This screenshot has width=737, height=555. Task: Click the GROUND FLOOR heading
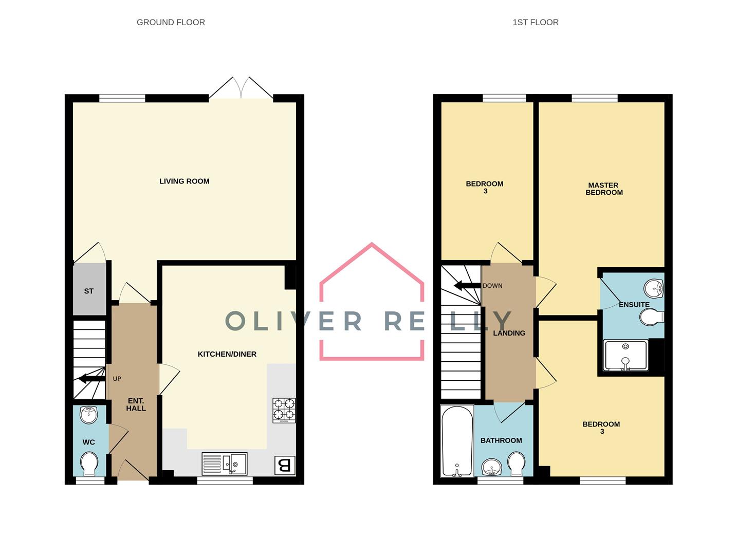(171, 23)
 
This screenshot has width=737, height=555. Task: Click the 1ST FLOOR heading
(535, 23)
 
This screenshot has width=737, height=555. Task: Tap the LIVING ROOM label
(184, 181)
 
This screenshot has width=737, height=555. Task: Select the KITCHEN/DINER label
(227, 354)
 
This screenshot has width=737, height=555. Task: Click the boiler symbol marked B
(284, 466)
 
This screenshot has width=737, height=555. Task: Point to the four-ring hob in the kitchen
(284, 410)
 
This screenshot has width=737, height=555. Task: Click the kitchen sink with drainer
(224, 464)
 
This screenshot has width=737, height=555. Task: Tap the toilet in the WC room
(90, 464)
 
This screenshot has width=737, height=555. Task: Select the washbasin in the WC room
(89, 415)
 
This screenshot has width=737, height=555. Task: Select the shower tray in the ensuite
(625, 355)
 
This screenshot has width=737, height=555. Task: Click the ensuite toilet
(652, 317)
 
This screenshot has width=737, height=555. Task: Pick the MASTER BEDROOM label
(604, 189)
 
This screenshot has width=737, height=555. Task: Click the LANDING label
(509, 333)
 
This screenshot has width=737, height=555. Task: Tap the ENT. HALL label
(136, 404)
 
